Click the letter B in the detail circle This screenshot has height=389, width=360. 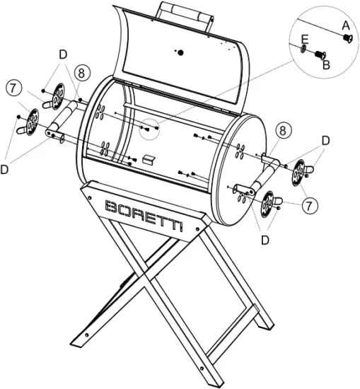tap(326, 64)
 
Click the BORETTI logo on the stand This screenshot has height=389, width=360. tap(144, 214)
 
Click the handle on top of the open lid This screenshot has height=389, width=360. tap(186, 13)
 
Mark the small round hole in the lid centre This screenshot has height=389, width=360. tap(180, 52)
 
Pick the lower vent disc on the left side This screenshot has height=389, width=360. tap(30, 121)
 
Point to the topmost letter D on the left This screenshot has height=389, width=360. tap(64, 54)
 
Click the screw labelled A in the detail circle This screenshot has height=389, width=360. tap(345, 39)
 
